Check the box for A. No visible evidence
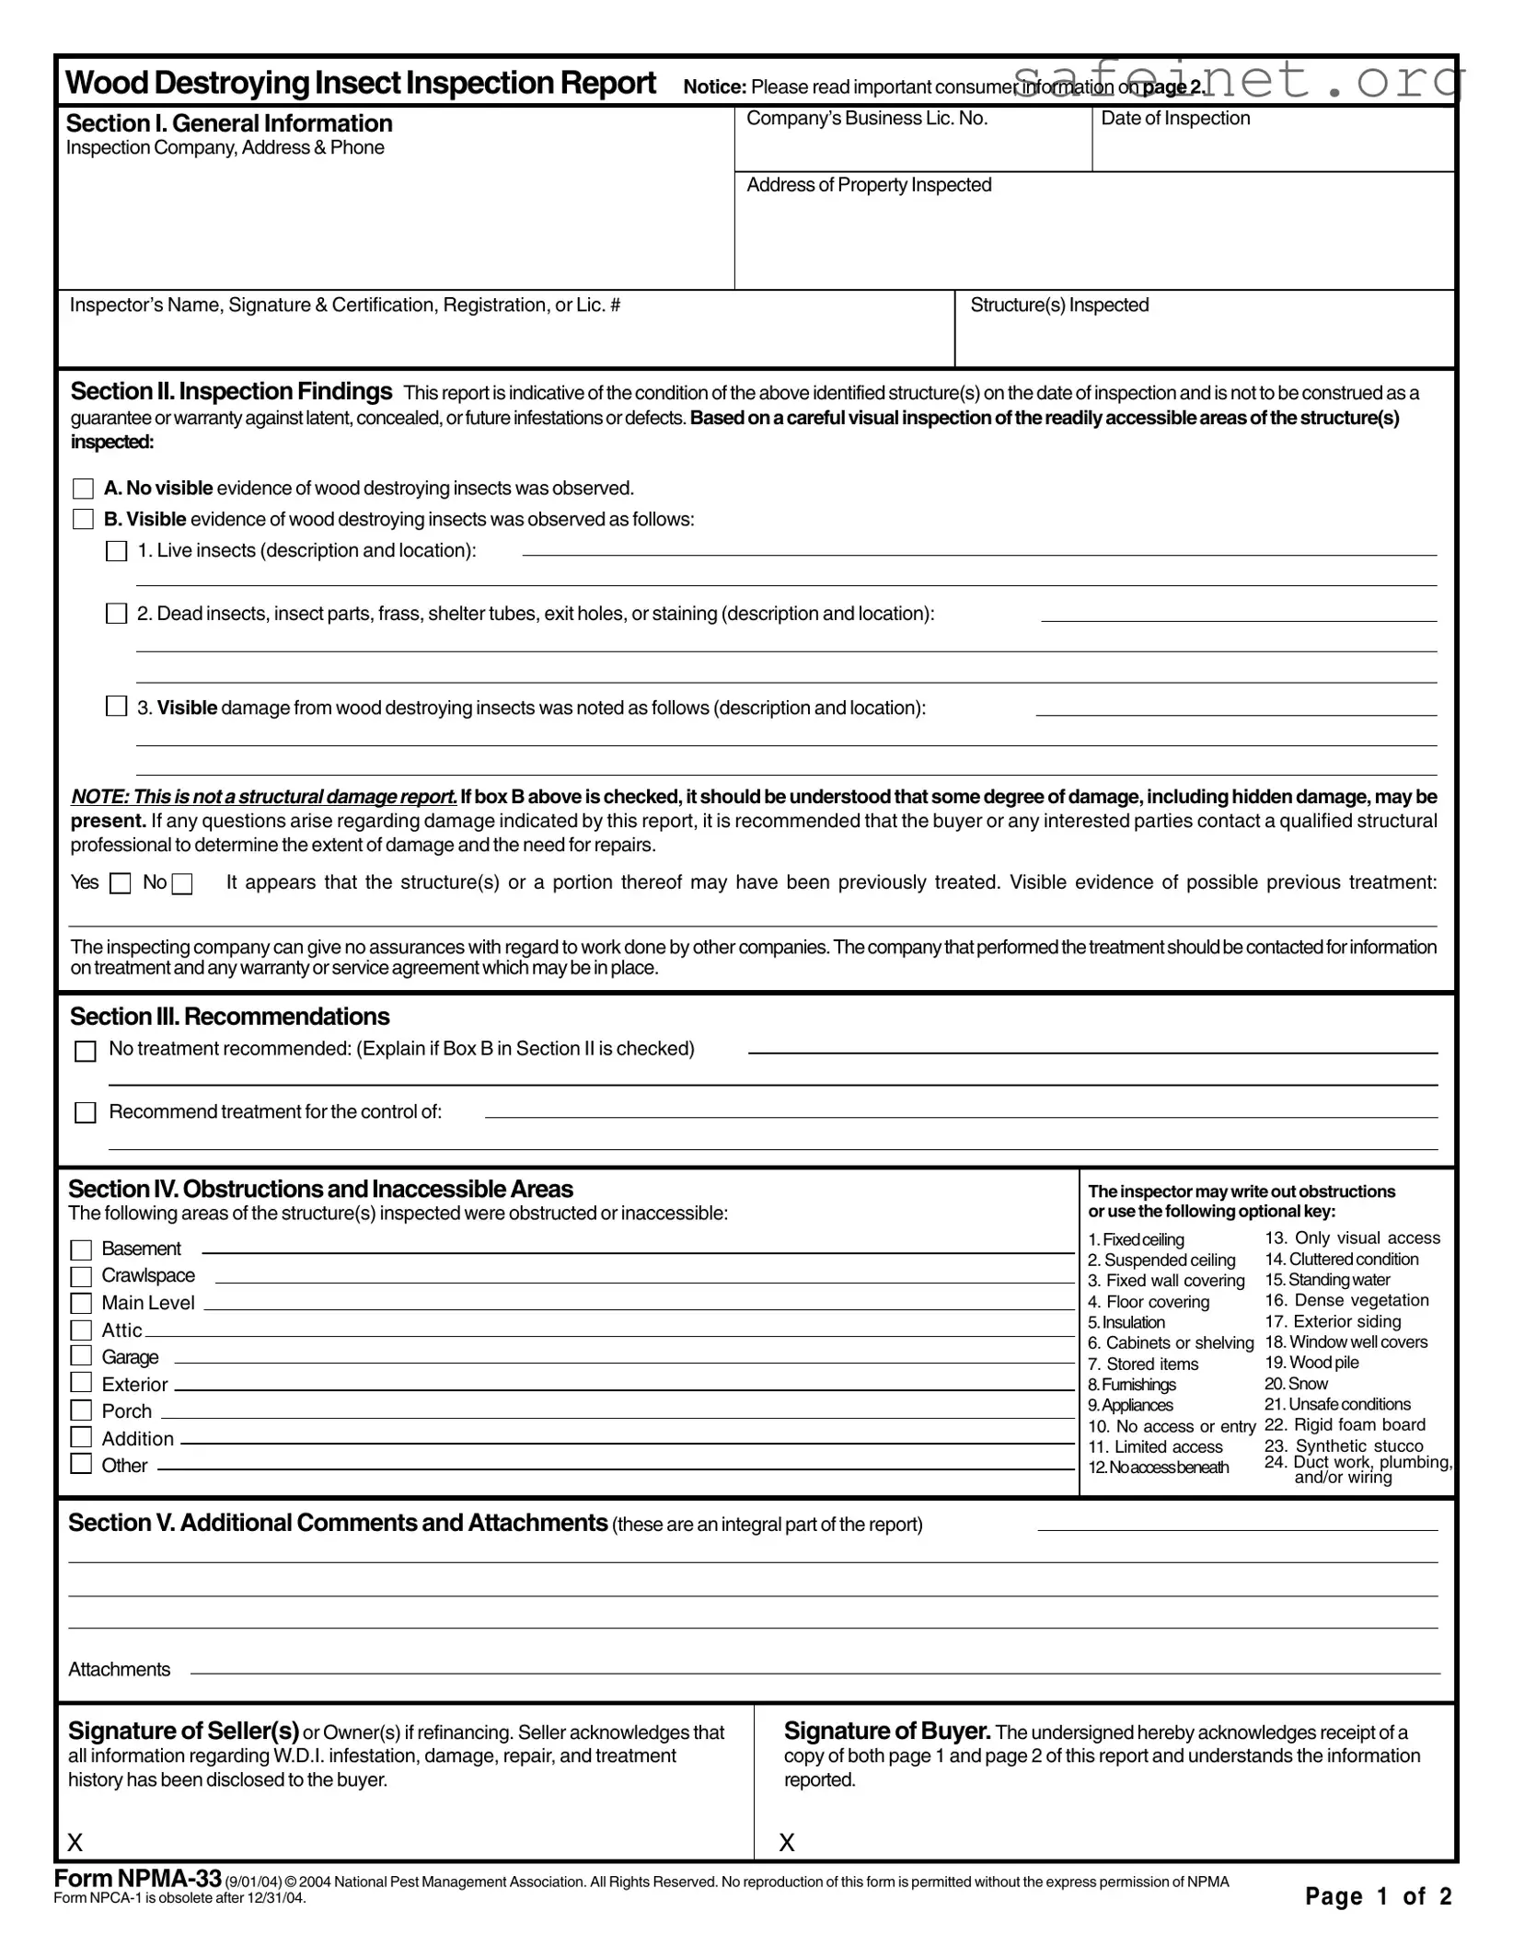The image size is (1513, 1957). [x=83, y=489]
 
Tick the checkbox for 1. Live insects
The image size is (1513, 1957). [x=116, y=551]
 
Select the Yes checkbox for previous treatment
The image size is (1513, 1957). [x=121, y=884]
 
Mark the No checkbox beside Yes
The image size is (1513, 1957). [x=182, y=884]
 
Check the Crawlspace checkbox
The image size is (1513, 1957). [x=81, y=1276]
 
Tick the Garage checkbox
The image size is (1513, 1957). [x=81, y=1356]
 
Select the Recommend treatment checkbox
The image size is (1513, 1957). [x=85, y=1113]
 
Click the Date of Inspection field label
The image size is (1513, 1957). [x=1175, y=119]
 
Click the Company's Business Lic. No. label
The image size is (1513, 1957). [x=866, y=119]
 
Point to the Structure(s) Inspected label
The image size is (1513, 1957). [x=1058, y=305]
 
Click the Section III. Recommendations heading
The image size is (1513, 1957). [x=229, y=1017]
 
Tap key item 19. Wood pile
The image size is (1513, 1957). [x=1311, y=1363]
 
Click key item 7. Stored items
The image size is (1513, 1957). [x=1143, y=1364]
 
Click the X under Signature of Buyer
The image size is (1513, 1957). [x=787, y=1842]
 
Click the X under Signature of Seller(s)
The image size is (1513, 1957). [x=75, y=1842]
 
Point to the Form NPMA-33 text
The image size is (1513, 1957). [x=137, y=1878]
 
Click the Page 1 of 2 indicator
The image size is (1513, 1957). [x=1378, y=1896]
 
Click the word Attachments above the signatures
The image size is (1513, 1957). [x=119, y=1670]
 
